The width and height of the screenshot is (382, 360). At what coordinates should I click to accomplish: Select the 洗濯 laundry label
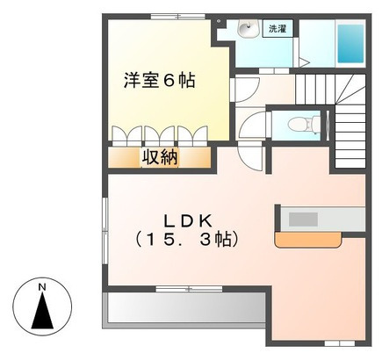277,29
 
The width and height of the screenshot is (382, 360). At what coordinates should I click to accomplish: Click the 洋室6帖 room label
158,81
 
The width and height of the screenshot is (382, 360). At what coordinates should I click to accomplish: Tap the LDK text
186,219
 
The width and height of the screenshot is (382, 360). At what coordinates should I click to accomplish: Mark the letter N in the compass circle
40,286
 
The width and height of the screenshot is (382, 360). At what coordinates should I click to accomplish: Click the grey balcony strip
184,306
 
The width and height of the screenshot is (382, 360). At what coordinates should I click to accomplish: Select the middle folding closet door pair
159,135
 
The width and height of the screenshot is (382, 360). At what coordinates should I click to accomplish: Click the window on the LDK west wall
105,227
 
